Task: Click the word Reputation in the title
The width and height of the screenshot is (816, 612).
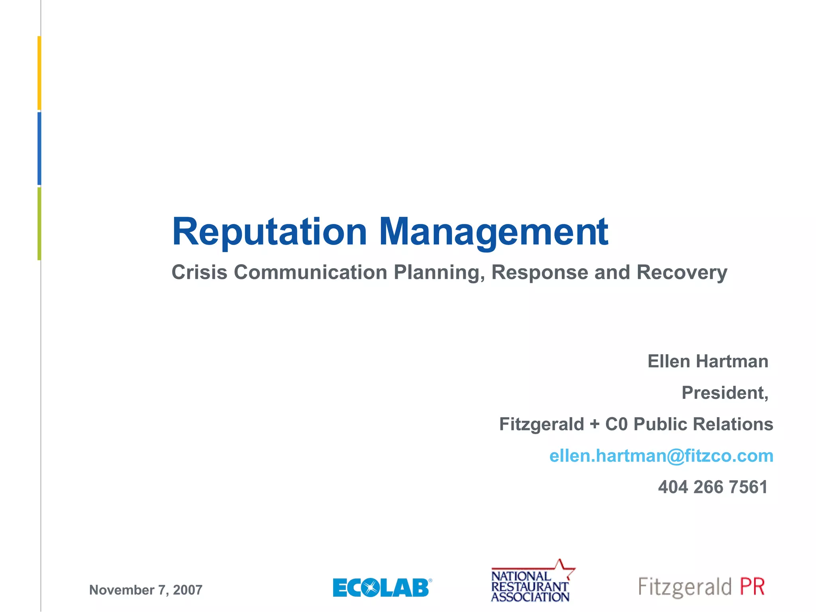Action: pos(269,232)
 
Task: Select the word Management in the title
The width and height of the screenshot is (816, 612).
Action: pos(493,232)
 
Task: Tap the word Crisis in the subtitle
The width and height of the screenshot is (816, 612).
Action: pos(199,273)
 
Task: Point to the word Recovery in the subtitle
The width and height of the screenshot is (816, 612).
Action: pos(682,273)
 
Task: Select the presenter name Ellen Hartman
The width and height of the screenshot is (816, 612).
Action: pos(708,361)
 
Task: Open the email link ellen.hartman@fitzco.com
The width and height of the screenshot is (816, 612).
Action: pos(661,456)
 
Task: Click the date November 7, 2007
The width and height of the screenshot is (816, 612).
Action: pos(146,590)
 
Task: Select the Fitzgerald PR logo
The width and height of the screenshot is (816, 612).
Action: pos(701,587)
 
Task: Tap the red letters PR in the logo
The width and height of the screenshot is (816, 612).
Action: pos(752,587)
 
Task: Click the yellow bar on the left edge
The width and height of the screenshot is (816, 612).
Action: pos(39,73)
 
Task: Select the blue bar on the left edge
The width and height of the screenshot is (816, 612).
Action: pos(39,149)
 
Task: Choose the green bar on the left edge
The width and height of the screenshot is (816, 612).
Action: pos(39,224)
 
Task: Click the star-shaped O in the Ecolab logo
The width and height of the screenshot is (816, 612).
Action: pos(371,588)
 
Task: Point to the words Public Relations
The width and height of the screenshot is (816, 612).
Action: pos(703,424)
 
